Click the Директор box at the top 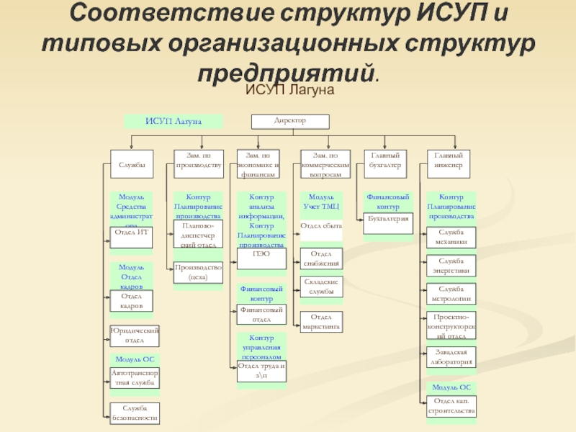290,122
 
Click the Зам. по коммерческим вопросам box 325,165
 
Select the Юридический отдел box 134,336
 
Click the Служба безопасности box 134,413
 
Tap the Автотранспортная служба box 134,378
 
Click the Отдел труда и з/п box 261,370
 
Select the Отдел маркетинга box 320,322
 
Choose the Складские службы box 320,287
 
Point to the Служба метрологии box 449,294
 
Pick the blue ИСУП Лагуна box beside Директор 173,121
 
